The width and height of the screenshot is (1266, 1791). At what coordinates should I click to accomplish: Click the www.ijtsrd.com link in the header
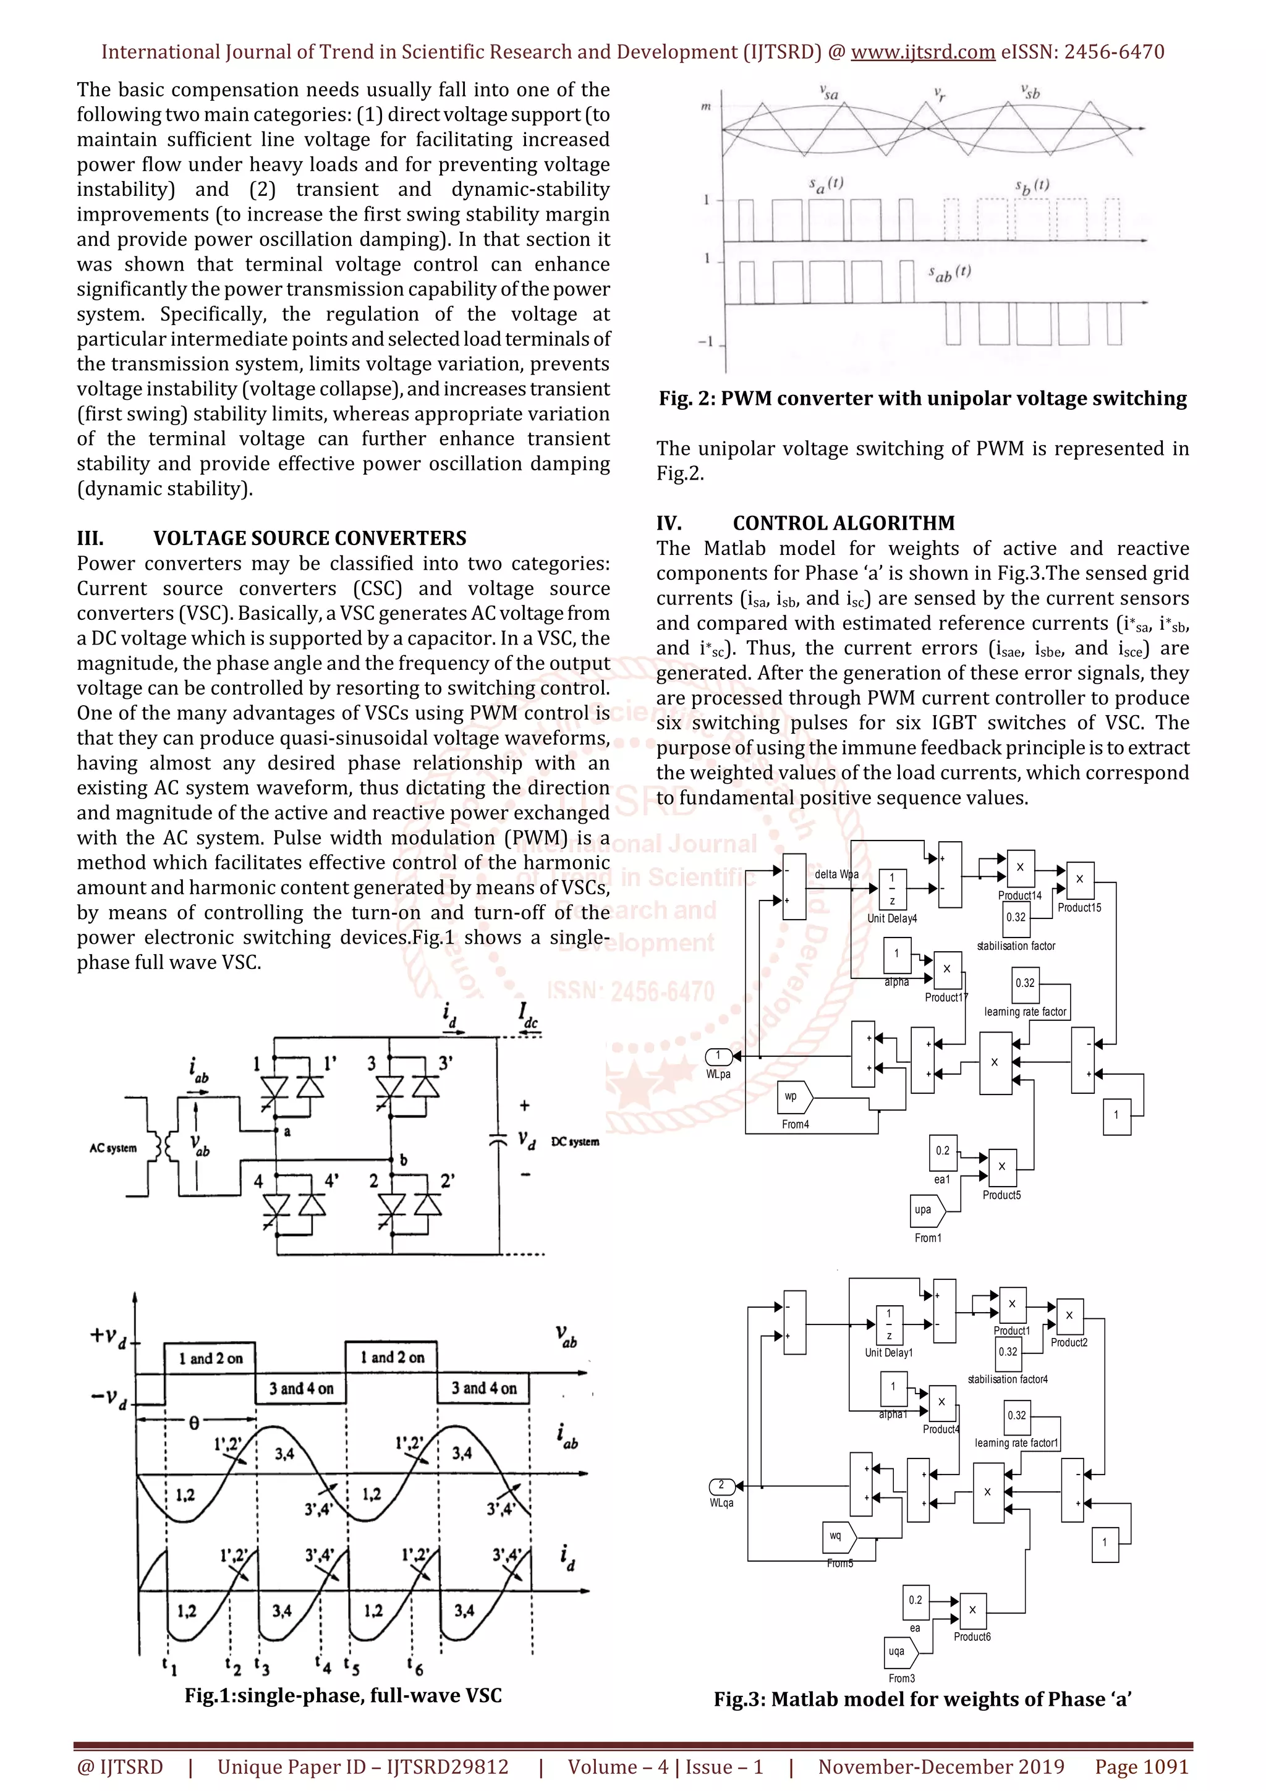click(x=922, y=53)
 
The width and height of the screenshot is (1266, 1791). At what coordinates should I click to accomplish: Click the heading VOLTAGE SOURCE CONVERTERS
click(x=309, y=538)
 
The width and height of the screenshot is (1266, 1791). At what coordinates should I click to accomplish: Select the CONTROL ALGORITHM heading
click(x=843, y=523)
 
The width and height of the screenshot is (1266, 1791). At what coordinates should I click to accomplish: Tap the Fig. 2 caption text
click(x=922, y=399)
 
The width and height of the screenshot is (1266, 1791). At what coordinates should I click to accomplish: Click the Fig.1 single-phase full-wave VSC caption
click(x=343, y=1695)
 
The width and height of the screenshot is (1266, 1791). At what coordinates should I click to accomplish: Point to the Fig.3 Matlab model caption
click(x=922, y=1699)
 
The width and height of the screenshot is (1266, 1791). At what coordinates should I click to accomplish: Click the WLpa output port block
click(x=718, y=1056)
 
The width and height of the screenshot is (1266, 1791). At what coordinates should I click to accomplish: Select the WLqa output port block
click(x=721, y=1485)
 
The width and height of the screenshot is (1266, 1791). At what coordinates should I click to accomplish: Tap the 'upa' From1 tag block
click(x=927, y=1210)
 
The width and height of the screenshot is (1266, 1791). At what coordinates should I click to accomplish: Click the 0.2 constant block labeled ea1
click(x=942, y=1151)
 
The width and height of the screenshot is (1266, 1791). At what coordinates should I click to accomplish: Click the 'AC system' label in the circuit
click(x=113, y=1148)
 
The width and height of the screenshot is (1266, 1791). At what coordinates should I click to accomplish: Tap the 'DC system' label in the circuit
click(x=575, y=1142)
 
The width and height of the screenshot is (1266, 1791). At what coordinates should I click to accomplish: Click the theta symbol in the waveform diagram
click(x=194, y=1423)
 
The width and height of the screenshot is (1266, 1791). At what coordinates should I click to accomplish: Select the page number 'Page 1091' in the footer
click(x=1141, y=1766)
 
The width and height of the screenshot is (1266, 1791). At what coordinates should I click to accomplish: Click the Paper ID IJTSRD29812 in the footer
click(x=363, y=1766)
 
